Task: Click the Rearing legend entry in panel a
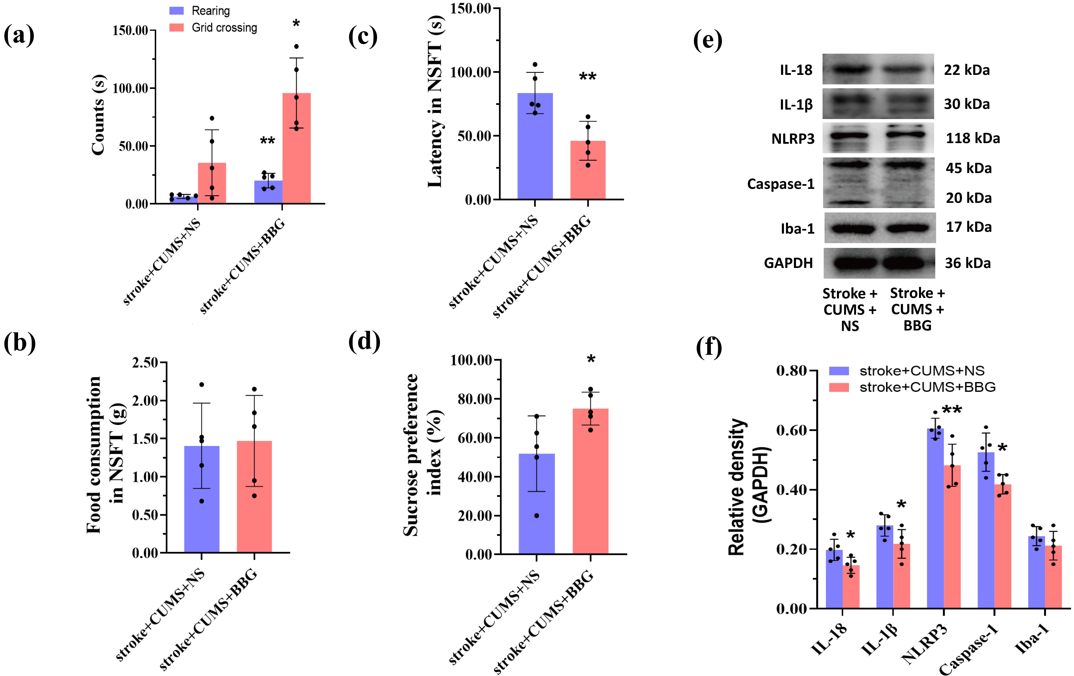(211, 11)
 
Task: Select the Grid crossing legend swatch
(177, 28)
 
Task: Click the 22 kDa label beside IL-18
(967, 70)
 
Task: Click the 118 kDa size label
(973, 138)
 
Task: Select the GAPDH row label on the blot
(788, 263)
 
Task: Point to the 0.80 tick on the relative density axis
(791, 371)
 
